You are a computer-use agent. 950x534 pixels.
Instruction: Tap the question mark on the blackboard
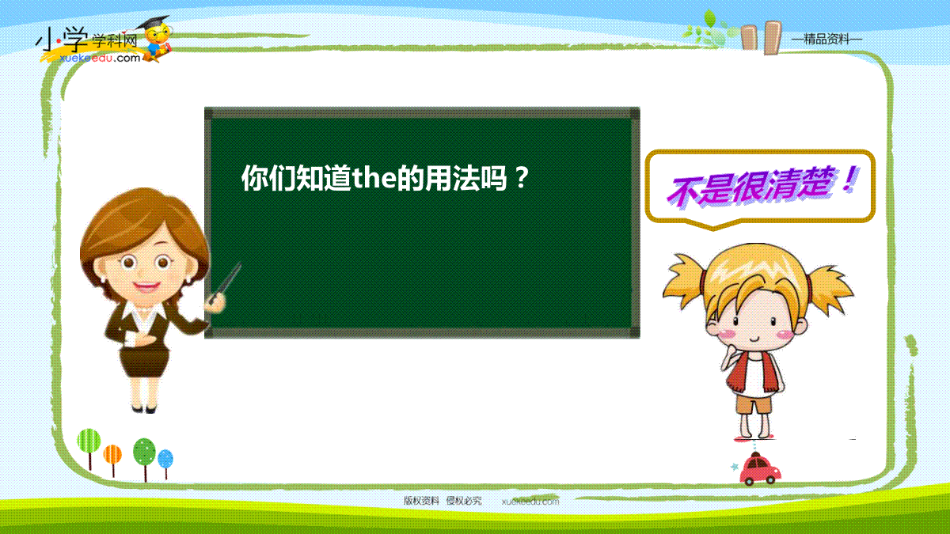[x=522, y=178]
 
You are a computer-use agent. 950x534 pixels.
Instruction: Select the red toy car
[x=760, y=469]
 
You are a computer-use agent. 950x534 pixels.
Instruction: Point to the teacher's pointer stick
[x=225, y=282]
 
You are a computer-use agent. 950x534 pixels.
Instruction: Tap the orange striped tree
[x=112, y=460]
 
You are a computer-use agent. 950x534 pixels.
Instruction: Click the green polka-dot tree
[x=144, y=459]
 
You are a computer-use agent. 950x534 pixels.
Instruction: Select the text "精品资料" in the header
[x=826, y=40]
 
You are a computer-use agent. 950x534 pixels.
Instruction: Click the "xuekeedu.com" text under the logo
[x=100, y=58]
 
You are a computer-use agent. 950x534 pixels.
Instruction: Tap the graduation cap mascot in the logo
[x=156, y=38]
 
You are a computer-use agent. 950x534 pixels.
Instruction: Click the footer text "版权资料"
[x=420, y=501]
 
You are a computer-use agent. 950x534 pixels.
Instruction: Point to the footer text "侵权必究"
[x=464, y=501]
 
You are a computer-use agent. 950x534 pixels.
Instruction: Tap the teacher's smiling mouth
[x=146, y=287]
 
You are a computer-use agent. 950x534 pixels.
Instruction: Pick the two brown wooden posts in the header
[x=762, y=37]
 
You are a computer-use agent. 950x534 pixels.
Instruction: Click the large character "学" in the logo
[x=75, y=40]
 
